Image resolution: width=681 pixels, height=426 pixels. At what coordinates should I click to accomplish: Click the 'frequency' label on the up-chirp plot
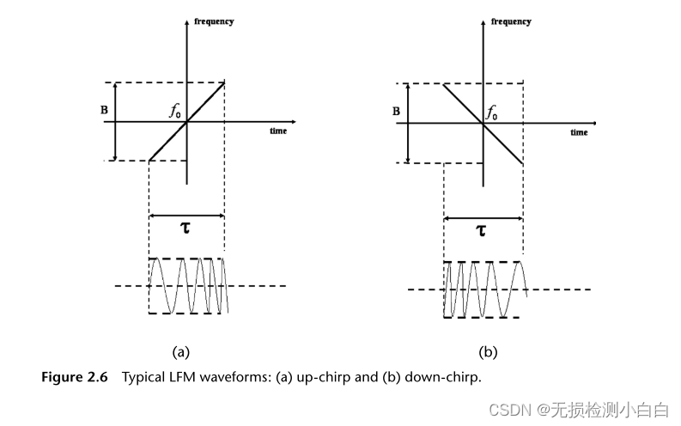tap(214, 21)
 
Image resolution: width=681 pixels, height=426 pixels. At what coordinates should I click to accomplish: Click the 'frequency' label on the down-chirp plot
tap(511, 21)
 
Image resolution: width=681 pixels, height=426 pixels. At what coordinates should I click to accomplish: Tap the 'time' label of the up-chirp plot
tap(277, 131)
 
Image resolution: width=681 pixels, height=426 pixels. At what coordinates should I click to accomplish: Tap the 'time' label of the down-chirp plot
tap(579, 132)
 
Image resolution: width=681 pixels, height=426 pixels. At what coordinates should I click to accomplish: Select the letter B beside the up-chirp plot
tap(103, 110)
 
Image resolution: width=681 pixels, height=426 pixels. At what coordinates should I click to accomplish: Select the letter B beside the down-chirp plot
tap(396, 111)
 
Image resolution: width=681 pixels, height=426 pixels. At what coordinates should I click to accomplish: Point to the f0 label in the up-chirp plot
tap(174, 111)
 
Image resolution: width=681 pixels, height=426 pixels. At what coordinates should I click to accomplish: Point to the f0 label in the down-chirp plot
tap(492, 112)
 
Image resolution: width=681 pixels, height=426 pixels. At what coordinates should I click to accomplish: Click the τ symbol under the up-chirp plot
tap(185, 228)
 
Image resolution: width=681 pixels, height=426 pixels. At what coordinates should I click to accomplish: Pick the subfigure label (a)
tap(180, 351)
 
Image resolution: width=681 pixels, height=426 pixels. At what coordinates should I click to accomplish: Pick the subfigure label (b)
tap(488, 351)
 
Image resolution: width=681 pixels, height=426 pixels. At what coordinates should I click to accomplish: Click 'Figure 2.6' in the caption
tap(75, 377)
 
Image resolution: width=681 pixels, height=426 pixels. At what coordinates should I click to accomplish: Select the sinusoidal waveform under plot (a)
tap(186, 285)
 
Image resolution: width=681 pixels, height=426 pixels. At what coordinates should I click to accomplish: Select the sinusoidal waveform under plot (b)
tap(483, 289)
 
